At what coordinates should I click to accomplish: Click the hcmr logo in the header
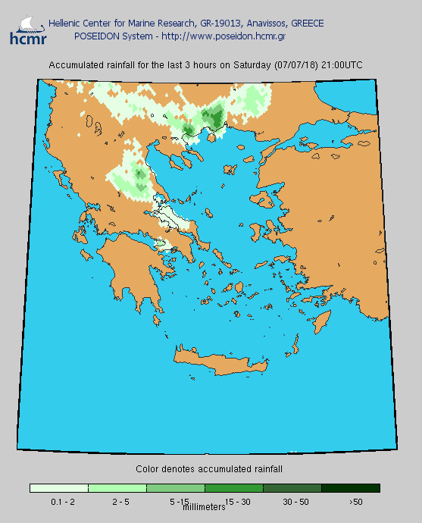pos(27,29)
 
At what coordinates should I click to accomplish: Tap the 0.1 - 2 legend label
pos(61,502)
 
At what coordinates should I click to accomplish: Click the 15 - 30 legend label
pos(236,502)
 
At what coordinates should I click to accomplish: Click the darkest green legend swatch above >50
pos(351,488)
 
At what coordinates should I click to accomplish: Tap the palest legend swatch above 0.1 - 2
pos(59,488)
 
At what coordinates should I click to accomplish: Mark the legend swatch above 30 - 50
pos(292,488)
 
